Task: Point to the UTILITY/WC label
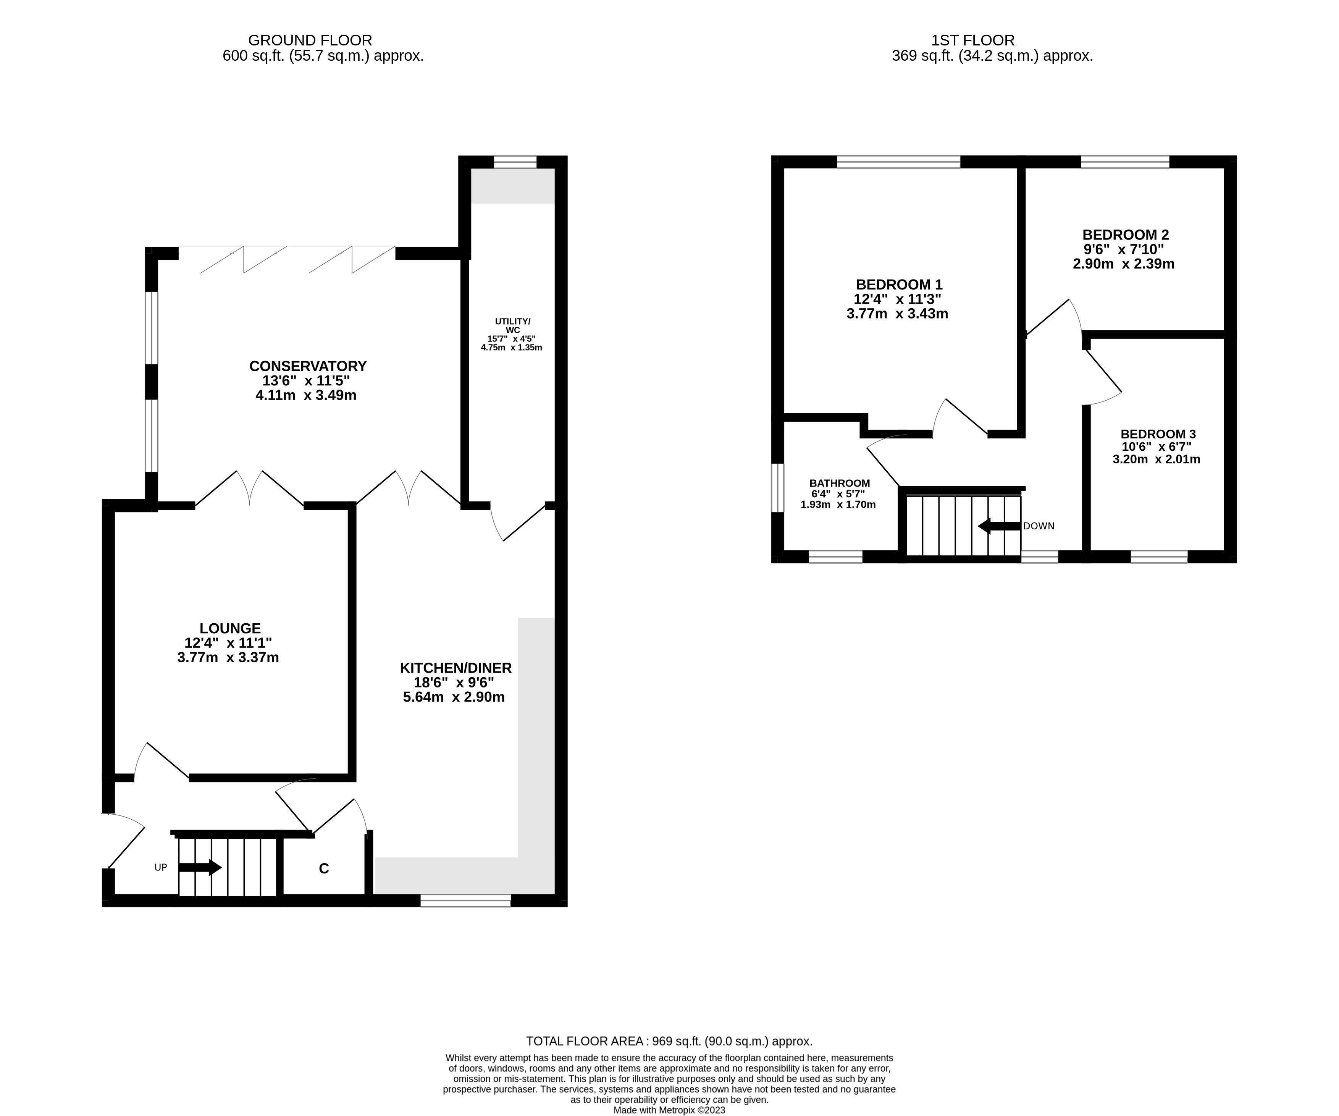pos(512,325)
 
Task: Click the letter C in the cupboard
pos(324,869)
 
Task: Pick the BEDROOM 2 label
pos(1126,235)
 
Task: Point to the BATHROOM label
pos(839,484)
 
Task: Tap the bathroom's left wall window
pos(777,488)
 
